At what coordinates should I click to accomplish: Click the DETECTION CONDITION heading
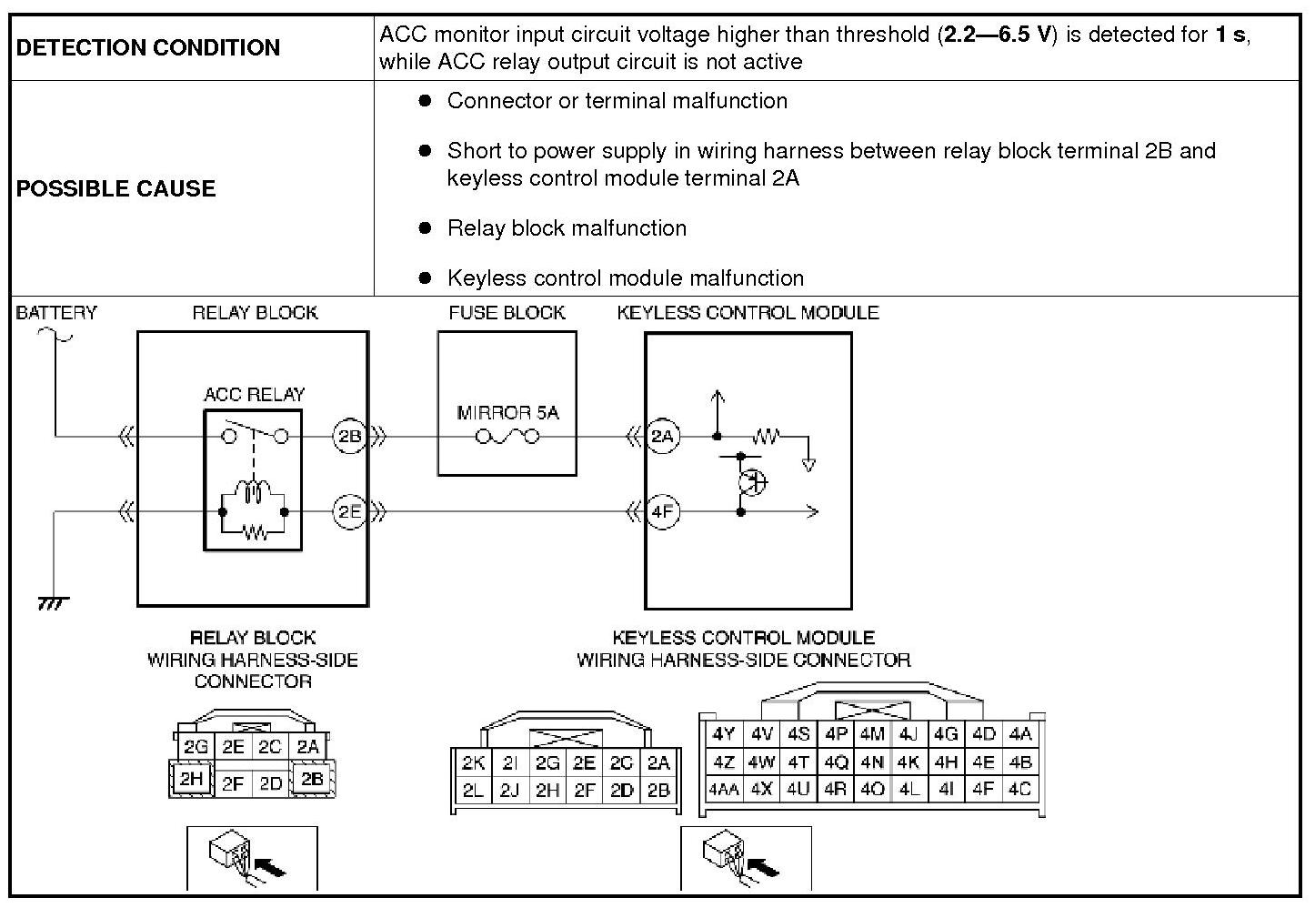(x=148, y=47)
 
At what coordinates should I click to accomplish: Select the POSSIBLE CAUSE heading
(x=116, y=188)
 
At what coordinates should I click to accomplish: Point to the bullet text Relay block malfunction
(x=567, y=227)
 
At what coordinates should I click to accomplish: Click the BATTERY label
(x=56, y=313)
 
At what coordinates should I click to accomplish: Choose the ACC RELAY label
(x=254, y=394)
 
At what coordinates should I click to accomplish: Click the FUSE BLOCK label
(x=507, y=313)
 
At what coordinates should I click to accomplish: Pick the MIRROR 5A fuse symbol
(x=507, y=437)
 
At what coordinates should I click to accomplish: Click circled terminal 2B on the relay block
(x=349, y=437)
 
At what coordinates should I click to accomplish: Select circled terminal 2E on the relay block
(x=349, y=512)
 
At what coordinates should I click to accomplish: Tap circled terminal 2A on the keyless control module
(x=663, y=437)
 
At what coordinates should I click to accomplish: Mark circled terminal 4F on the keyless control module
(x=663, y=512)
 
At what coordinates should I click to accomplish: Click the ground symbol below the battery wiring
(x=53, y=603)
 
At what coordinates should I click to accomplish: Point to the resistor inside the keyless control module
(x=766, y=438)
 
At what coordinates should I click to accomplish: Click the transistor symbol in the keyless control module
(x=752, y=482)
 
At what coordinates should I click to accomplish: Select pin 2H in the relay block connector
(x=191, y=779)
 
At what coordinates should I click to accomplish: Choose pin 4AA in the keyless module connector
(x=723, y=790)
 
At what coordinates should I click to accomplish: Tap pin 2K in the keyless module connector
(x=473, y=763)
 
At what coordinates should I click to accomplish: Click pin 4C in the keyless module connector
(x=1019, y=790)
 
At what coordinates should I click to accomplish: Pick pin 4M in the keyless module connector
(x=872, y=734)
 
